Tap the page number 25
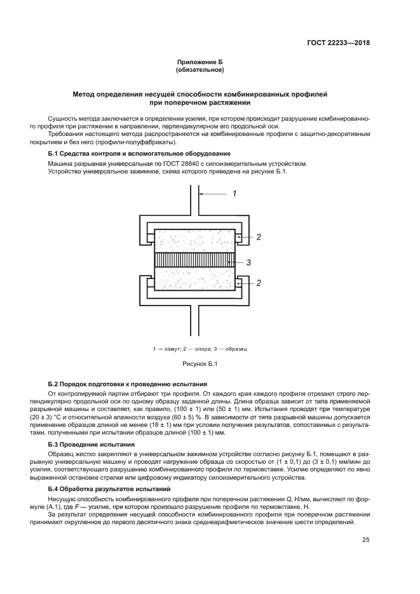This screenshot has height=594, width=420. coord(366,540)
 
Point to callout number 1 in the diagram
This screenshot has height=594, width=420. coord(234,193)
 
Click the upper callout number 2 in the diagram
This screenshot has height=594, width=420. coord(259,237)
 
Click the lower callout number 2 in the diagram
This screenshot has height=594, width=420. coord(259,283)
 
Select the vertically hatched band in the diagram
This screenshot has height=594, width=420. coord(194,260)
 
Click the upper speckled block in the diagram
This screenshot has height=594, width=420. coord(194,241)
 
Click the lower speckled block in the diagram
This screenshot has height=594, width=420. coord(194,280)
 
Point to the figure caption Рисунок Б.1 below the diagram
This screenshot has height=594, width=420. coord(200,363)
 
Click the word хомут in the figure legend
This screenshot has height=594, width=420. coord(168,349)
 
